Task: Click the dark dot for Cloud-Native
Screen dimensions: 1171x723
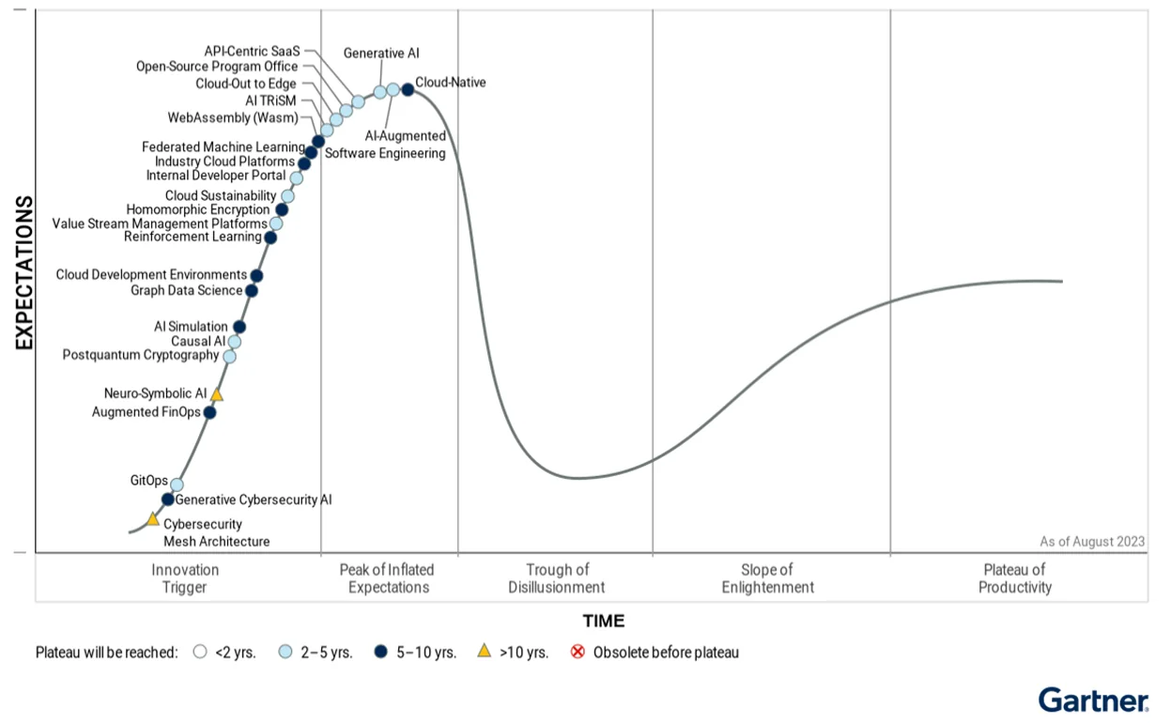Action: pyautogui.click(x=408, y=90)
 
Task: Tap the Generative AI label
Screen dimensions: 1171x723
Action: pyautogui.click(x=381, y=54)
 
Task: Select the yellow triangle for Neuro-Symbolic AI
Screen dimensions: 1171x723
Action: pyautogui.click(x=216, y=394)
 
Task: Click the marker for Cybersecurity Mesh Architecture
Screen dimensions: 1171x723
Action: pyautogui.click(x=153, y=519)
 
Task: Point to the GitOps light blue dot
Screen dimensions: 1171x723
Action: pyautogui.click(x=177, y=485)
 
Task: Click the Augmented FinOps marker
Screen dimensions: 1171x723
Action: pyautogui.click(x=209, y=412)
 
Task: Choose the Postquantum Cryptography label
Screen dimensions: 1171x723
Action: pyautogui.click(x=141, y=355)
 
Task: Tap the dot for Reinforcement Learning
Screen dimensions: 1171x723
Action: pyautogui.click(x=270, y=238)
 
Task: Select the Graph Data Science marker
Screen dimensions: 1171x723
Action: pyautogui.click(x=252, y=291)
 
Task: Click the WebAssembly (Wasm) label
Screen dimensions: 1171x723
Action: pyautogui.click(x=233, y=117)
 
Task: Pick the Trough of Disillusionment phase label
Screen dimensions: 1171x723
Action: pyautogui.click(x=557, y=578)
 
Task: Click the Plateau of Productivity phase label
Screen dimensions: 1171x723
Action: pyautogui.click(x=1015, y=578)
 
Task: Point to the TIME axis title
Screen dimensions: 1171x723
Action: pyautogui.click(x=603, y=621)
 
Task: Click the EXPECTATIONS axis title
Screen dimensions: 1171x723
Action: pyautogui.click(x=24, y=272)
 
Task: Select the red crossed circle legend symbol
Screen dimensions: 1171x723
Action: pyautogui.click(x=578, y=652)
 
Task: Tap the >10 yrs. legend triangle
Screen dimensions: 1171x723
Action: pyautogui.click(x=485, y=651)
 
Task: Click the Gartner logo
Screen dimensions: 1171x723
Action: pyautogui.click(x=1094, y=700)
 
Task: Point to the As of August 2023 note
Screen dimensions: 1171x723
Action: pyautogui.click(x=1092, y=542)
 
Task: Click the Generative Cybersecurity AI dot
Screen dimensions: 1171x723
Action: pyautogui.click(x=168, y=500)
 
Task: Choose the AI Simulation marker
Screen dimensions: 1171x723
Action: pyautogui.click(x=239, y=328)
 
